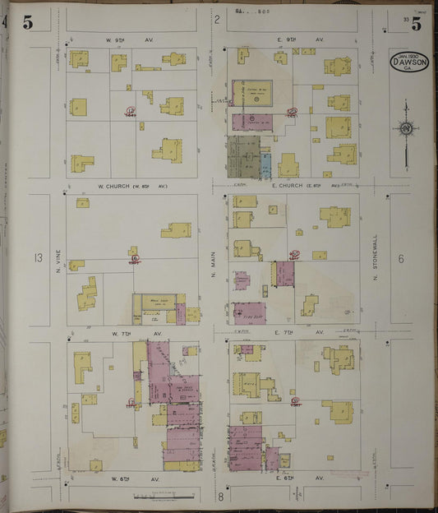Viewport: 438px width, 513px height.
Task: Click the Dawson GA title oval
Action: (x=408, y=62)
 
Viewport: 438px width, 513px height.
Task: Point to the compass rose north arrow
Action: (x=406, y=129)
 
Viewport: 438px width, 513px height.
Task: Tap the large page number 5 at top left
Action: (x=28, y=23)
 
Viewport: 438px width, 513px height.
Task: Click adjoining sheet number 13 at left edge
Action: (x=38, y=258)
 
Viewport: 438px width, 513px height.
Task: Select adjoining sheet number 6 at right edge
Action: (x=402, y=258)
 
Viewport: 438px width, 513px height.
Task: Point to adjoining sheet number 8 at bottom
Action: (x=220, y=496)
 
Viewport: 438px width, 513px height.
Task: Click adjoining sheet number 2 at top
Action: (x=217, y=19)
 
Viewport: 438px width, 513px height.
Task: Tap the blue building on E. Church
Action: (x=265, y=166)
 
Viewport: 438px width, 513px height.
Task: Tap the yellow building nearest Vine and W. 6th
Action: (x=96, y=465)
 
